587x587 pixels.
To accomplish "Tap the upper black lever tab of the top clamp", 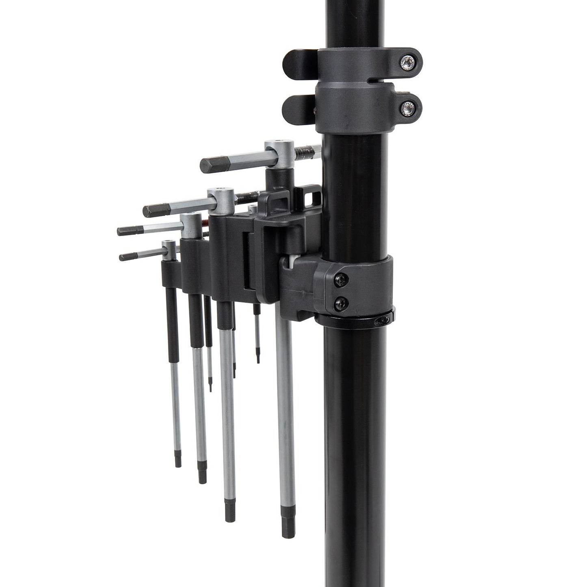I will tap(299, 61).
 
